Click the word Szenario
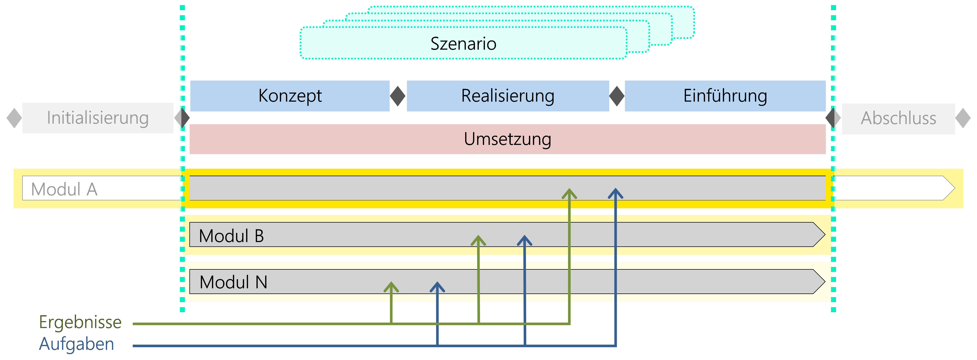click(x=463, y=44)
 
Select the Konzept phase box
click(x=290, y=96)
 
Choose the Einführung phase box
click(x=725, y=96)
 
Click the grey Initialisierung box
click(x=97, y=118)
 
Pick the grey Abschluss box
click(x=898, y=118)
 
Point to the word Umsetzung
click(x=507, y=139)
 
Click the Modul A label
click(x=64, y=189)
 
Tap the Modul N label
click(x=233, y=282)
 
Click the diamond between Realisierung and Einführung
click(x=617, y=96)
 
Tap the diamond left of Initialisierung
click(x=14, y=118)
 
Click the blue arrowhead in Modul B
click(x=524, y=241)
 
